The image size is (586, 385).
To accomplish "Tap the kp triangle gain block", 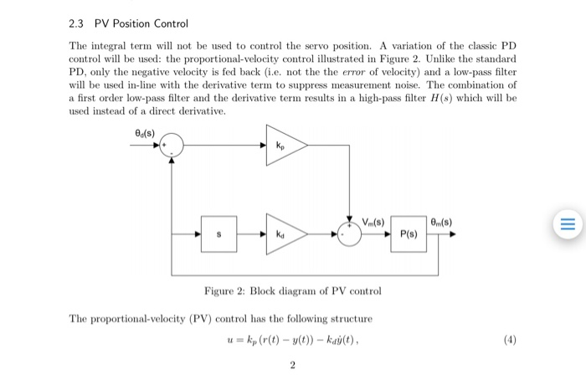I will click(x=284, y=144).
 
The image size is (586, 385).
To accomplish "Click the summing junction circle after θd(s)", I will click(x=172, y=146).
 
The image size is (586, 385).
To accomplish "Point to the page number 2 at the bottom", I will click(x=292, y=365).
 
